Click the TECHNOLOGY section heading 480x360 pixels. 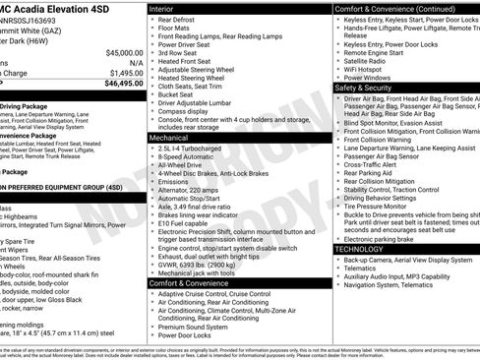(x=360, y=249)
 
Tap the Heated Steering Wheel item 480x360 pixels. (x=197, y=77)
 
